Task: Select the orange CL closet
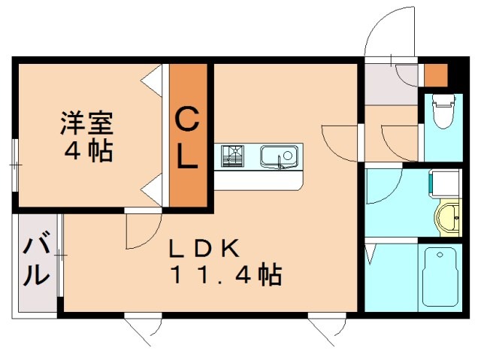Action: coord(187,135)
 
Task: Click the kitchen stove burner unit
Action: coord(233,157)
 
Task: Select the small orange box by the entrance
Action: coord(435,75)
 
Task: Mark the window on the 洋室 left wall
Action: coord(14,163)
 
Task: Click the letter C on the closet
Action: coord(186,118)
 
